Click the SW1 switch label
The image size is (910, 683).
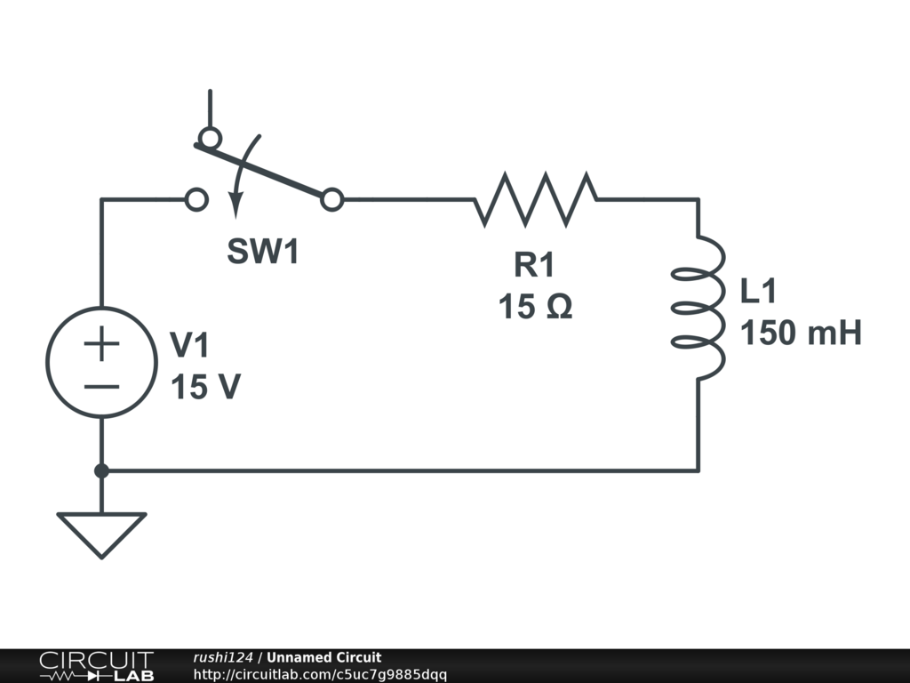tap(263, 253)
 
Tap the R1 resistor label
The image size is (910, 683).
tap(534, 265)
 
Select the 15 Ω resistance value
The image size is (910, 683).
tap(535, 308)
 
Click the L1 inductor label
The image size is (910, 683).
tap(759, 291)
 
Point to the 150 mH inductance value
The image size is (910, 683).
tap(801, 333)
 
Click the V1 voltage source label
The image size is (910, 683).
tap(192, 344)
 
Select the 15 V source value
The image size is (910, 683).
tap(205, 387)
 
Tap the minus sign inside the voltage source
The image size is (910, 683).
tap(102, 386)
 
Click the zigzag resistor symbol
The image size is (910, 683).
tap(536, 199)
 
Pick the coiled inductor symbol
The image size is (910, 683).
tap(698, 307)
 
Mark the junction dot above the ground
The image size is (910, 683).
tap(101, 470)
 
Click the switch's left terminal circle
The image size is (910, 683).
tap(196, 200)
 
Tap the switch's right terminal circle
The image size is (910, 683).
tap(331, 200)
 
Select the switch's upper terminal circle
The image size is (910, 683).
tap(210, 138)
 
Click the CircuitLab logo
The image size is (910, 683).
tap(95, 665)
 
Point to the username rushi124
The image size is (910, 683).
tap(223, 658)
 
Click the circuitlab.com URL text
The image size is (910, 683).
tap(320, 675)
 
